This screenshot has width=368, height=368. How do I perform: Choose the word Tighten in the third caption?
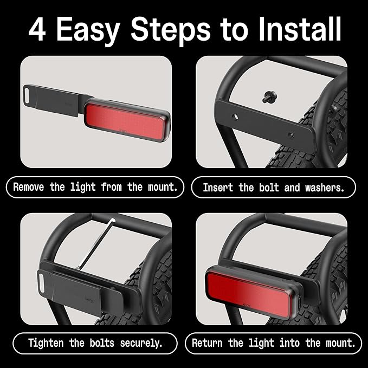(49, 343)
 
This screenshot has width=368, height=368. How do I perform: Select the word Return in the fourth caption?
(208, 343)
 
